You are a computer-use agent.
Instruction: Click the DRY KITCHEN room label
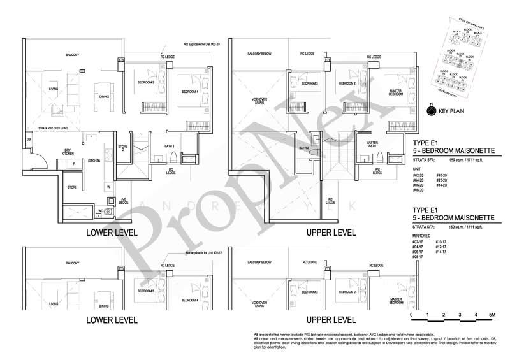(68, 151)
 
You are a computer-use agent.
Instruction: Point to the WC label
(101, 210)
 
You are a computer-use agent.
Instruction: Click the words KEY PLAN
(452, 113)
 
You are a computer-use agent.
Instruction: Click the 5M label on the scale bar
(492, 315)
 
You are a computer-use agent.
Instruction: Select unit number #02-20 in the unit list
(419, 175)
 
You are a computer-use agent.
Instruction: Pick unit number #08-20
(419, 190)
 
